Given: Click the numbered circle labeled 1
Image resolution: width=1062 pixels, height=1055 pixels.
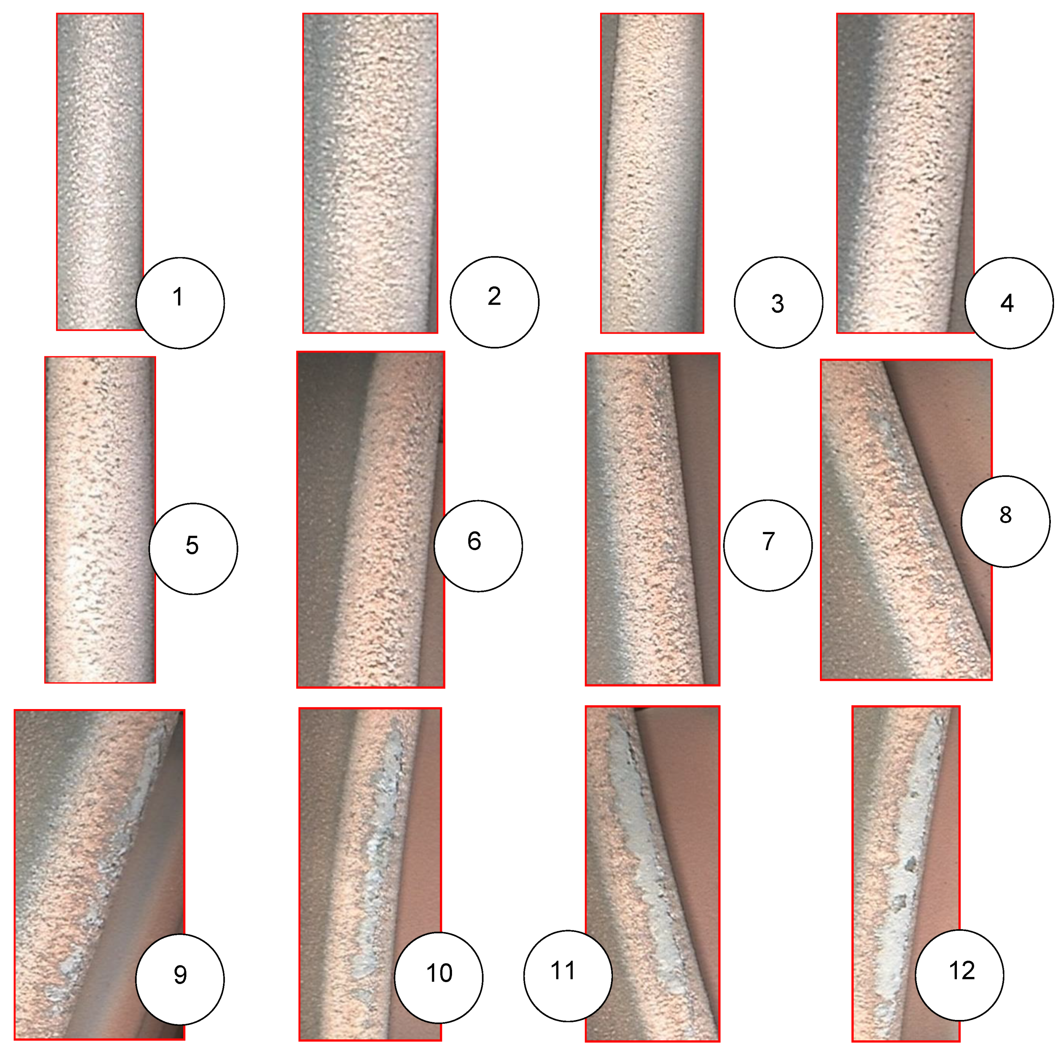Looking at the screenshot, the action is (180, 303).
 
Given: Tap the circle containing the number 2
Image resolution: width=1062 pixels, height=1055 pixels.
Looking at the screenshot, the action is (495, 302).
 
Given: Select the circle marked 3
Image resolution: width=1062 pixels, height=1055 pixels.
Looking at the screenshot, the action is (778, 302).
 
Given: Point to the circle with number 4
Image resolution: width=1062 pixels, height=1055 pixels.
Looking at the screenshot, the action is (1009, 303).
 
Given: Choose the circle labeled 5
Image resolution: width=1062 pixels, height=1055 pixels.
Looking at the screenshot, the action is (194, 548).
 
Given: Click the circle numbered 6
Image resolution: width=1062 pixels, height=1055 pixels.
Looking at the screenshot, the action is (478, 546).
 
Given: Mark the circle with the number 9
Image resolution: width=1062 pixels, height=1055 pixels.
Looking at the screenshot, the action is (180, 979).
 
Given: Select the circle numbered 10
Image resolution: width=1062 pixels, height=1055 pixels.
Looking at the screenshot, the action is (439, 977).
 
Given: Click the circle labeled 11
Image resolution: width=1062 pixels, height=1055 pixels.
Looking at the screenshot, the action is (568, 976).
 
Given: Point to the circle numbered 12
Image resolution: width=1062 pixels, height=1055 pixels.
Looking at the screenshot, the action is (960, 975).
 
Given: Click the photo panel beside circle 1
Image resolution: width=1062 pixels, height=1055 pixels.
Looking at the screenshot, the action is (100, 172).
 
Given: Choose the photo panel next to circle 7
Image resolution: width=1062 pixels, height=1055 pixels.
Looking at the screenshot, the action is (653, 519).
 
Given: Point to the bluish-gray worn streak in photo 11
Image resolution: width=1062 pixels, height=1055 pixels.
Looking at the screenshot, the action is (643, 857).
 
